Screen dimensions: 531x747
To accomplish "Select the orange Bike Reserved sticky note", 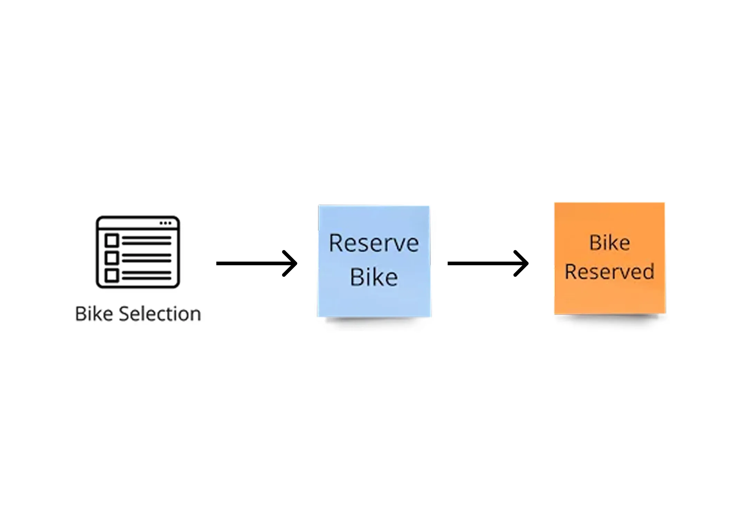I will pyautogui.click(x=609, y=301).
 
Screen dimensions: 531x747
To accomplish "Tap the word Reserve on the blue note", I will pyautogui.click(x=374, y=243).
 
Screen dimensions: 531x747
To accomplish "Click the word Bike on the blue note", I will pyautogui.click(x=374, y=277).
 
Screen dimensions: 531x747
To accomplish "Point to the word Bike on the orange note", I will pyautogui.click(x=609, y=243).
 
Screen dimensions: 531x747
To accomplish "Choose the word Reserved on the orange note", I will pyautogui.click(x=609, y=272).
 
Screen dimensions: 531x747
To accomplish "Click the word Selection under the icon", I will pyautogui.click(x=160, y=314).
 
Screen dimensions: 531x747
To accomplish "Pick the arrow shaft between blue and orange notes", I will pyautogui.click(x=481, y=263).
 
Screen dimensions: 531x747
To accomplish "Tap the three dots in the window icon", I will pyautogui.click(x=165, y=223).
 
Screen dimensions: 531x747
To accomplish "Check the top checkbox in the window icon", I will pyautogui.click(x=112, y=240).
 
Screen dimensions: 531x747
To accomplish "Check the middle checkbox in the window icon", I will pyautogui.click(x=112, y=258).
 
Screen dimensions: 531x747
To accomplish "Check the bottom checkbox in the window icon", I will pyautogui.click(x=112, y=276).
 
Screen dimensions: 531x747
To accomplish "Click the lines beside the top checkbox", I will pyautogui.click(x=147, y=240).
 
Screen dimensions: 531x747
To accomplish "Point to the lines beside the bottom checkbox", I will pyautogui.click(x=147, y=276).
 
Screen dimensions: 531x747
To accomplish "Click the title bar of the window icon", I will pyautogui.click(x=128, y=223).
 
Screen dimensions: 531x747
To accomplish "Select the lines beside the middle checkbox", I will pyautogui.click(x=147, y=258).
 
